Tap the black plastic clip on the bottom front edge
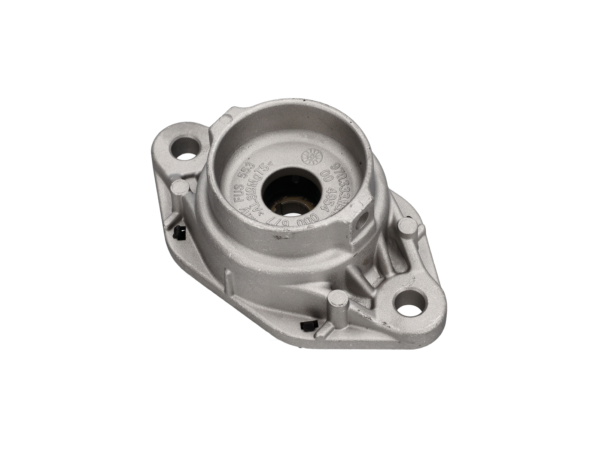point(309,326)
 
